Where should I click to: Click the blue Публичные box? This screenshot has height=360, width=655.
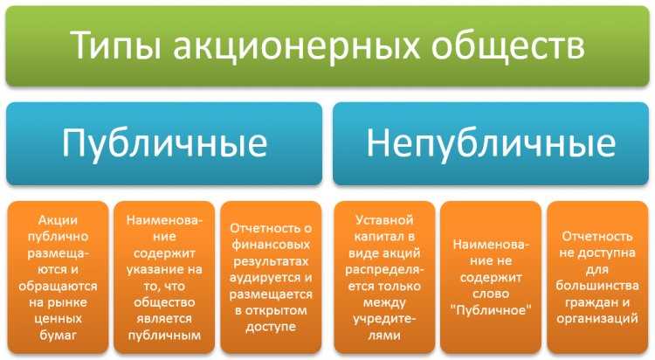[x=165, y=142]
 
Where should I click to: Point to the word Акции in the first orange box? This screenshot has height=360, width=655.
[x=58, y=221]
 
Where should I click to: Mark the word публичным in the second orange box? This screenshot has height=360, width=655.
[x=164, y=336]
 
